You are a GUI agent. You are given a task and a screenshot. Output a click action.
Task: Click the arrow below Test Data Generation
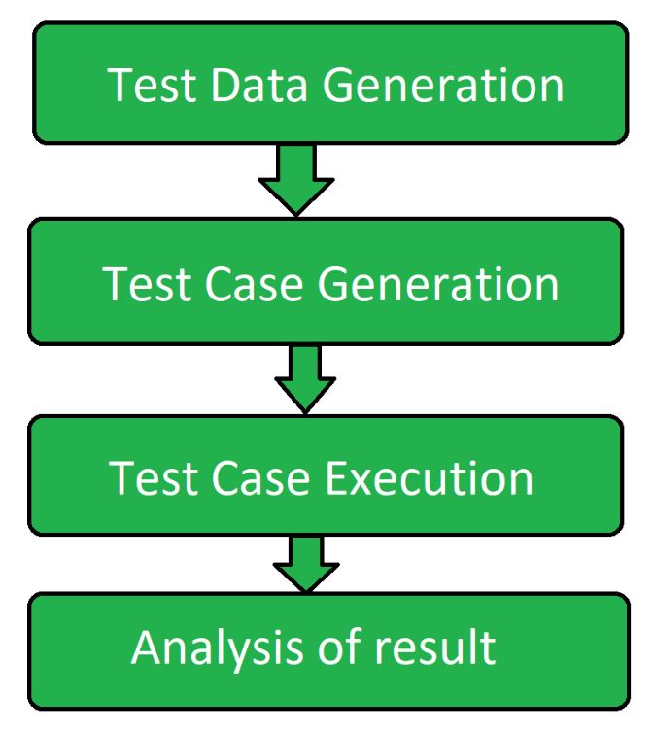point(296,181)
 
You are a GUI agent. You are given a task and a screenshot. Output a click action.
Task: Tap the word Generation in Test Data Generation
point(443,86)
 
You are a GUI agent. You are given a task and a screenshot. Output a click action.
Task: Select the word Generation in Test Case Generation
point(438,285)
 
